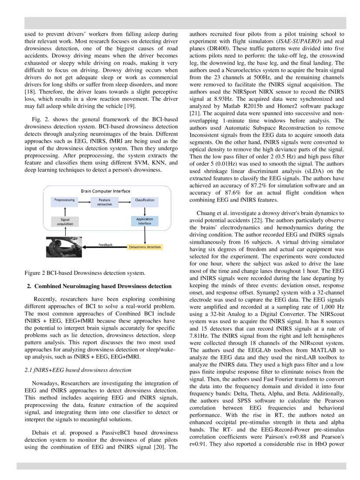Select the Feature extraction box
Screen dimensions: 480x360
[x=104, y=202]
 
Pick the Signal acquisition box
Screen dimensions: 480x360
[x=65, y=222]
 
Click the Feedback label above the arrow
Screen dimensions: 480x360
[x=106, y=245]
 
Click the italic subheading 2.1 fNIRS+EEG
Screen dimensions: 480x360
[x=78, y=370]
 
